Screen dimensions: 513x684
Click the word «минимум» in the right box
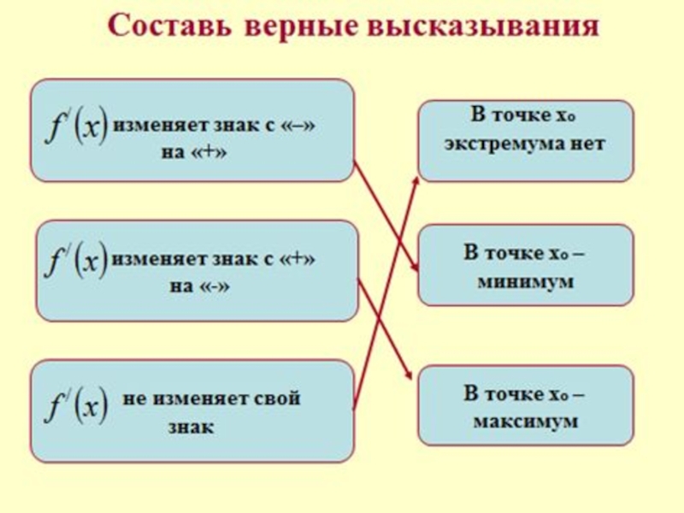coord(525,280)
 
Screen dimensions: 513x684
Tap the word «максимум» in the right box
coord(525,421)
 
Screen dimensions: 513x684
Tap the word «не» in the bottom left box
coord(135,398)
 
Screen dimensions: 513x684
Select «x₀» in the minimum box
coord(557,253)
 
